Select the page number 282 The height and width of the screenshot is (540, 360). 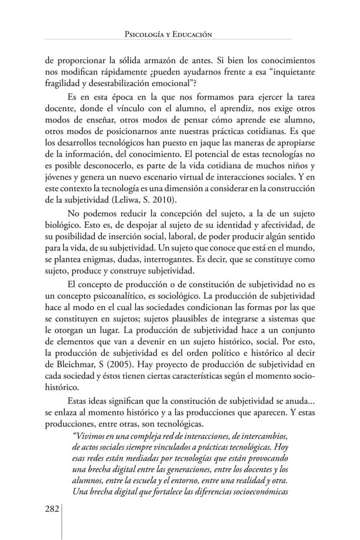coord(52,510)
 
